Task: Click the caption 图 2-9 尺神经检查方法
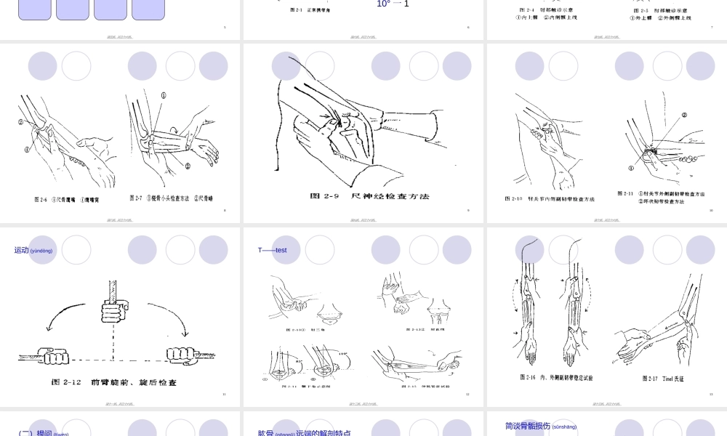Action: (x=369, y=196)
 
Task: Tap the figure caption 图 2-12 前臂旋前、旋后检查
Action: (x=114, y=381)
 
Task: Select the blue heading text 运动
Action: (x=22, y=250)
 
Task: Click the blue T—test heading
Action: (x=273, y=250)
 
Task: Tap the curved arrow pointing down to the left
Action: (x=58, y=312)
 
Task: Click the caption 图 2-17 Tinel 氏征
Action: (x=663, y=379)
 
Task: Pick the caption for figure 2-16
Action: (x=556, y=378)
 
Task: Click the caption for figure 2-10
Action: (x=550, y=198)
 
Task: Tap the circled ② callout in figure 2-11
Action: (x=684, y=115)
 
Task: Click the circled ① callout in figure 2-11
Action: (x=631, y=168)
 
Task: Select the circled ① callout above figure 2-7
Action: (x=163, y=95)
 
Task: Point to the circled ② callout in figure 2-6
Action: (x=22, y=123)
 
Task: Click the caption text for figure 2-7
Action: (x=172, y=198)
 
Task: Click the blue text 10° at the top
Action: (x=383, y=4)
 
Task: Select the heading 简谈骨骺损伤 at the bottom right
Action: (x=528, y=426)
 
